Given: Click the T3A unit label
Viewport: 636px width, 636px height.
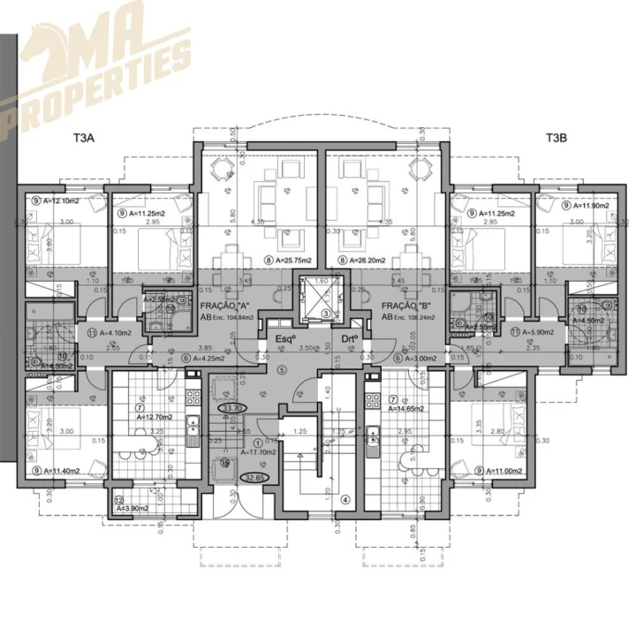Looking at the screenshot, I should [87, 139].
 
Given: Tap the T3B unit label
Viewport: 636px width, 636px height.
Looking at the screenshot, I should [556, 139].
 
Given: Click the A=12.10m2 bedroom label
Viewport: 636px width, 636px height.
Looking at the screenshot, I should [58, 201].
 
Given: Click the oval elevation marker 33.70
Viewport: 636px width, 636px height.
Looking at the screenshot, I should [234, 409].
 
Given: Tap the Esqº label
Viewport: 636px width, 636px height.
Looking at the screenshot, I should [284, 339].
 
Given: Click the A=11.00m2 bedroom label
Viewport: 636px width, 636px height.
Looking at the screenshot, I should [506, 472].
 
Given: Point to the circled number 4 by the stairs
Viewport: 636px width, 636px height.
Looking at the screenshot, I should [343, 497].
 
